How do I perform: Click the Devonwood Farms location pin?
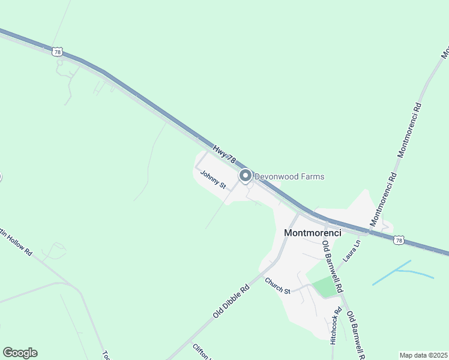point(245,176)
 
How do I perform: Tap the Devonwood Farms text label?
point(289,176)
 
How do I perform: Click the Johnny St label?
point(213,181)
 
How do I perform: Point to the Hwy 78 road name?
point(224,152)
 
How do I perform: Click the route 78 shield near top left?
point(58,52)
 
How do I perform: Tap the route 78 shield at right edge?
point(399,240)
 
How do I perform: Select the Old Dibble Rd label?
point(231,302)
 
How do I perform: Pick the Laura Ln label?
point(351,253)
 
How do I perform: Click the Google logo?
point(20,353)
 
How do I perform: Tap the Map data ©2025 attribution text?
point(424,355)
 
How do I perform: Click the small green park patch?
point(324,287)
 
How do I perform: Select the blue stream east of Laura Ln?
point(402,271)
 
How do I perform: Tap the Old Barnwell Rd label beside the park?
point(331,265)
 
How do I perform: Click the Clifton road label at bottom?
point(200,352)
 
